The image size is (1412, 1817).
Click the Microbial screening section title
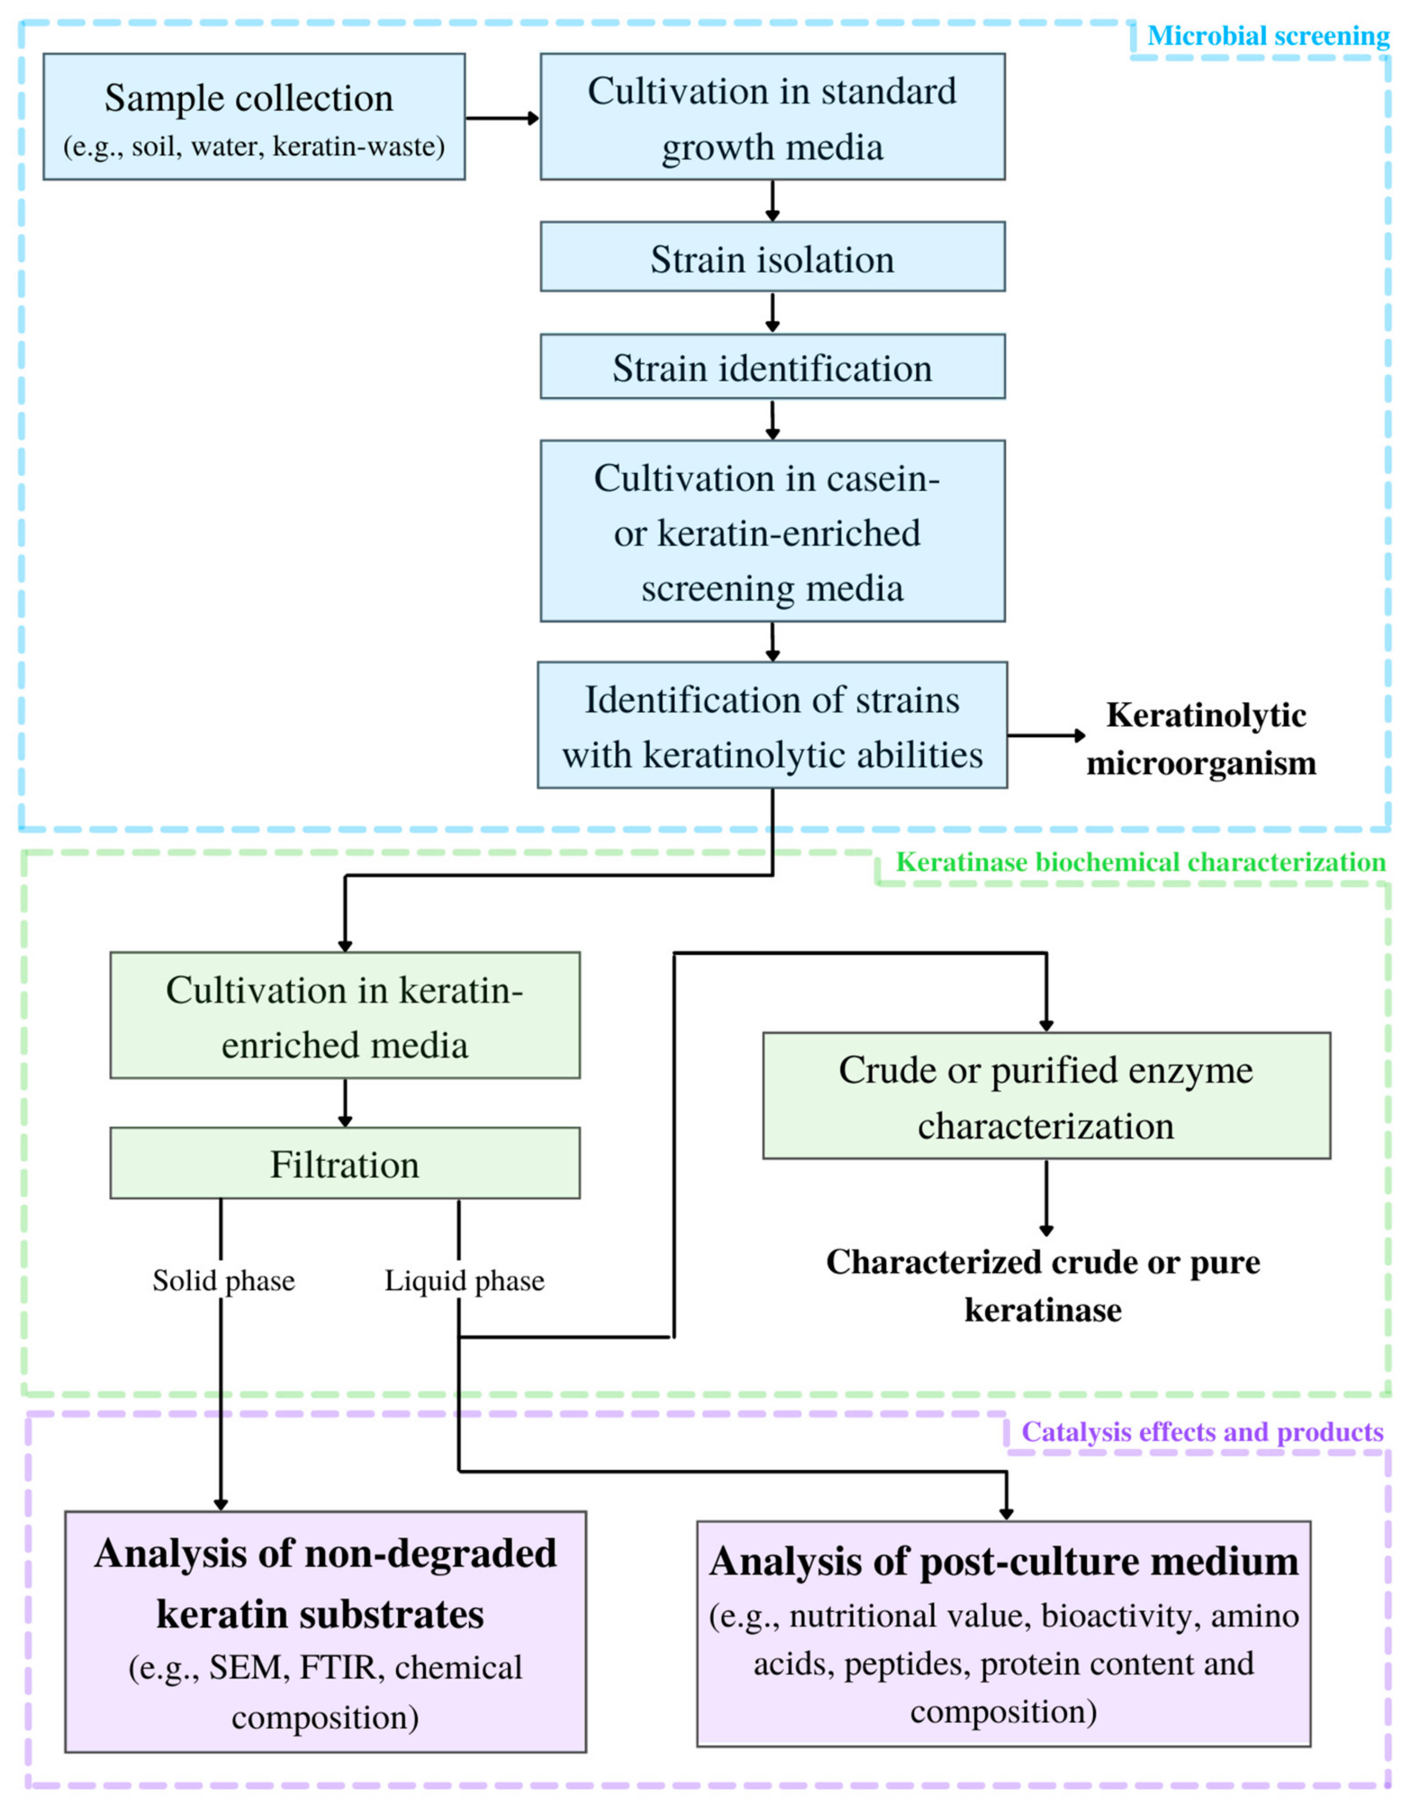pos(1267,36)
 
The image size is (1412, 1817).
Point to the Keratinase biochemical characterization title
pos(1140,862)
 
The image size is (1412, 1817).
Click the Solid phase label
pos(223,1280)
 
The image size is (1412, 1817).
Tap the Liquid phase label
pos(464,1280)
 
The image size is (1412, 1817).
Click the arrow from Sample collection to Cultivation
pos(502,118)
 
